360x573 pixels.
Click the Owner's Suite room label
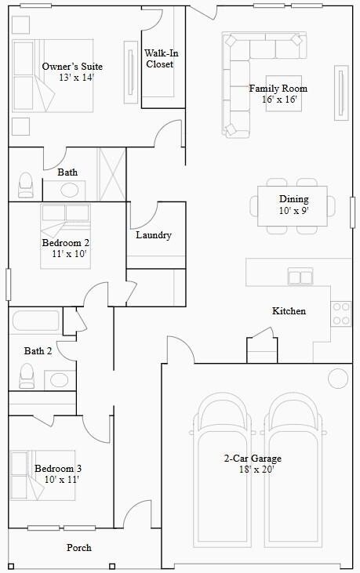[72, 67]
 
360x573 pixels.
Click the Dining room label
[294, 199]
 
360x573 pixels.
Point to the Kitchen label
[289, 311]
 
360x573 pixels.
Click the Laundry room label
[154, 235]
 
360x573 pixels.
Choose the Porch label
[78, 548]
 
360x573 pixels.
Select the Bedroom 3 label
[58, 469]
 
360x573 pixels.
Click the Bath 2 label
[38, 351]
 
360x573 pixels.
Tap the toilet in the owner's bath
[26, 185]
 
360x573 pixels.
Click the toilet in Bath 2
[27, 376]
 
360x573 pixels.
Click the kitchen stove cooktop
[341, 314]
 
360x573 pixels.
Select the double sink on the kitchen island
[300, 276]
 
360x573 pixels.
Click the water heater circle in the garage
[337, 379]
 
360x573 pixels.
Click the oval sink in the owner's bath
[71, 190]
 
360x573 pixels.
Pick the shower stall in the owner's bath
[111, 173]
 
